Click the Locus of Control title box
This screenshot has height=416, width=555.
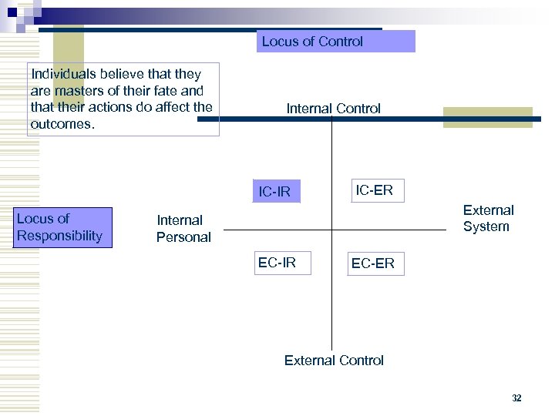coord(336,42)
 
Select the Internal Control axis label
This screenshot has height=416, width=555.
coord(333,109)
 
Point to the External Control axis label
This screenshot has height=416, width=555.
coord(334,360)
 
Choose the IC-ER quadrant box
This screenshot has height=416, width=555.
coord(374,190)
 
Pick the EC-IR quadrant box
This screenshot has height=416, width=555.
coord(277,263)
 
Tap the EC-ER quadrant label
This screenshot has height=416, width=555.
coord(372,263)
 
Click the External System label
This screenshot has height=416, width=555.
coord(487,218)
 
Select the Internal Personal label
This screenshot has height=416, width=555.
coord(183,229)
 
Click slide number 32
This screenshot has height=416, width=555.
coord(516,398)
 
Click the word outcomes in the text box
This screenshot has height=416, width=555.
coord(61,124)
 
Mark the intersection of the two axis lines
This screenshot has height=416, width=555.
coord(331,230)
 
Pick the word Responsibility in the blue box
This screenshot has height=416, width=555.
coord(59,236)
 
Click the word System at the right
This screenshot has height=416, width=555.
coord(486,226)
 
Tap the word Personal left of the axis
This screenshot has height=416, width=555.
coord(183,237)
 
